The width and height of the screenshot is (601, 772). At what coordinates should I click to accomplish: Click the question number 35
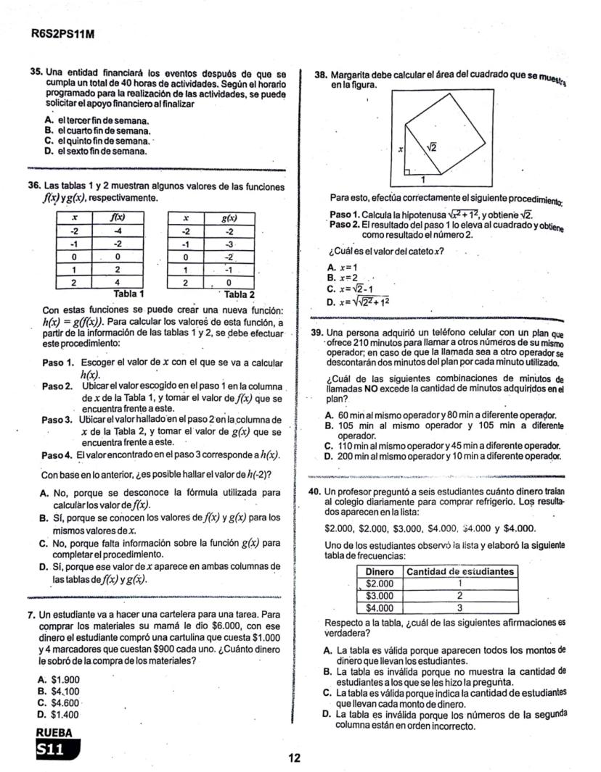point(35,74)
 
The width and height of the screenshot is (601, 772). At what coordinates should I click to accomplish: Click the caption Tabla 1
point(129,294)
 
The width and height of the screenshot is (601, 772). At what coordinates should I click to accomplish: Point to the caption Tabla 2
point(240,294)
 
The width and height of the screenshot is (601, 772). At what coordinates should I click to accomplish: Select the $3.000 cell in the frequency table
point(379,596)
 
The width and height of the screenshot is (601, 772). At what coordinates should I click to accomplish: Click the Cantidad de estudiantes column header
point(460,572)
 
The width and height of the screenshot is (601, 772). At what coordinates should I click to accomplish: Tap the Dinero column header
point(379,572)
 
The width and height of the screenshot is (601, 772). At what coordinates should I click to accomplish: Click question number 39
point(316,333)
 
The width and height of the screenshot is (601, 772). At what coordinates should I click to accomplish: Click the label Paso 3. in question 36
point(58,420)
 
